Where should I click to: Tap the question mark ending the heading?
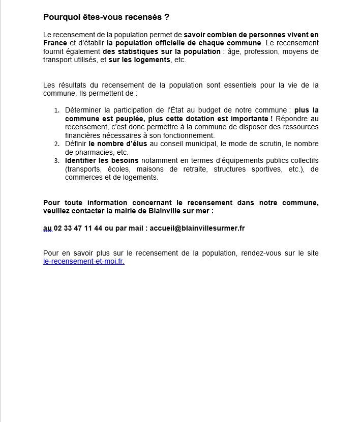(x=167, y=17)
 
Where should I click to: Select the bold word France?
(x=55, y=43)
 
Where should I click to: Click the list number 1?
(x=57, y=110)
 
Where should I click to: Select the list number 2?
(x=57, y=144)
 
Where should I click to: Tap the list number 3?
(x=57, y=161)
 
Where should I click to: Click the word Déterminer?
(x=84, y=110)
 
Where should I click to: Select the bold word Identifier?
(x=82, y=160)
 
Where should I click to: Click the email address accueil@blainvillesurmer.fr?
(x=197, y=228)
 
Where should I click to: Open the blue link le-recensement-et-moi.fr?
(x=84, y=261)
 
